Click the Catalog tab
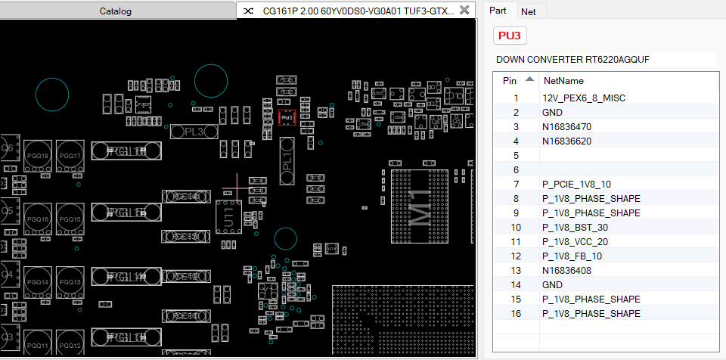[116, 11]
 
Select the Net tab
[528, 11]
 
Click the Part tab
[498, 11]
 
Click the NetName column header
[563, 80]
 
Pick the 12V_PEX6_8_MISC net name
[584, 98]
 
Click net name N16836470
[566, 127]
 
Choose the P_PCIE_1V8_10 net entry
[576, 185]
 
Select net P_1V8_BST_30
[574, 228]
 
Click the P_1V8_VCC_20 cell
[575, 242]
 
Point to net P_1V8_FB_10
[572, 256]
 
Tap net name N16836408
[566, 271]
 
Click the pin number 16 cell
[516, 314]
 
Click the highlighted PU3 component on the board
[287, 118]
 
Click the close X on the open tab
[464, 11]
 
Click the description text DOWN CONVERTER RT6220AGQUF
[572, 59]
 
